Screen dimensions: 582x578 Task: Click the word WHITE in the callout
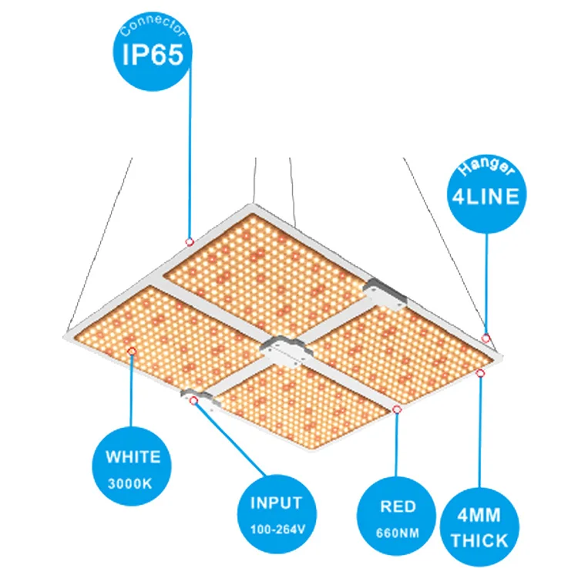click(x=133, y=457)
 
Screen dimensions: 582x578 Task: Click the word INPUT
click(x=276, y=503)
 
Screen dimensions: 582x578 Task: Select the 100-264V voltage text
click(x=276, y=530)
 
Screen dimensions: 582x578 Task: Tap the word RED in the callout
click(x=398, y=506)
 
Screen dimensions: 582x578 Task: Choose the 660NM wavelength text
click(x=398, y=533)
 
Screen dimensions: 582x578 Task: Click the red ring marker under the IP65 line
click(x=189, y=242)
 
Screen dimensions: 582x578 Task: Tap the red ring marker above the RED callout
click(x=397, y=409)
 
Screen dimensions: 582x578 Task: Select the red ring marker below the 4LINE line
click(x=486, y=338)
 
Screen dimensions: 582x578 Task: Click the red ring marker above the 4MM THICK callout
click(x=480, y=374)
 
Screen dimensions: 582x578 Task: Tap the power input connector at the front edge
click(x=196, y=396)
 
